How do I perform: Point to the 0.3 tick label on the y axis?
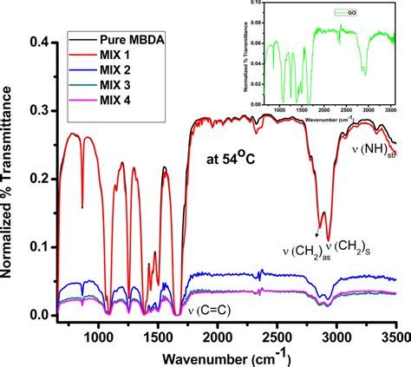click(x=40, y=111)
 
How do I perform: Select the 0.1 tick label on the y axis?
click(x=40, y=247)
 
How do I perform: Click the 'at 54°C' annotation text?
click(x=237, y=160)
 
